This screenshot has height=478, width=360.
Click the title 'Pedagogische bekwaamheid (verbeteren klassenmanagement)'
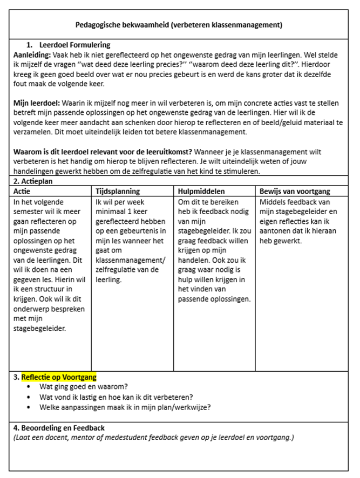coord(178,25)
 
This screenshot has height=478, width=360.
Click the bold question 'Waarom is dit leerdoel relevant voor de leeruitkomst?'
coord(101,152)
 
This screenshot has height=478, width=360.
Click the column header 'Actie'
coord(22,192)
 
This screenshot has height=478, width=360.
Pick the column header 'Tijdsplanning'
coord(118,192)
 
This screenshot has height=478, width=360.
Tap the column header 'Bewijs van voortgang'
coord(295,192)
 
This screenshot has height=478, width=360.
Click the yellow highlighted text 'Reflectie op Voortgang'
coord(59,377)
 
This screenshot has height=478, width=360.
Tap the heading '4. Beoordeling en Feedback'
coord(58,428)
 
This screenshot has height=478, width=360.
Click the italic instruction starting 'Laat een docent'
coord(153,438)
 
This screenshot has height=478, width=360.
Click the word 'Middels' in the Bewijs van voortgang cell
coord(273,202)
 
